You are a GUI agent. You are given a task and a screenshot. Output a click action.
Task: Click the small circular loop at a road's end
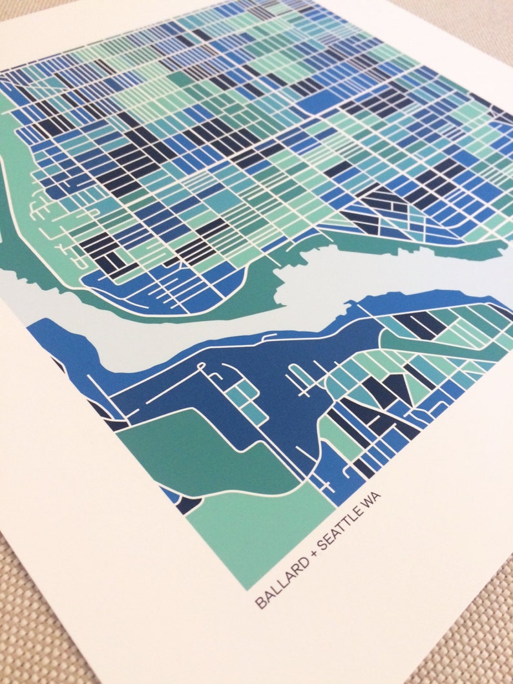201,367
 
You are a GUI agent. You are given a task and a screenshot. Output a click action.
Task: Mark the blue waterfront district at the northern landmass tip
162,291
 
